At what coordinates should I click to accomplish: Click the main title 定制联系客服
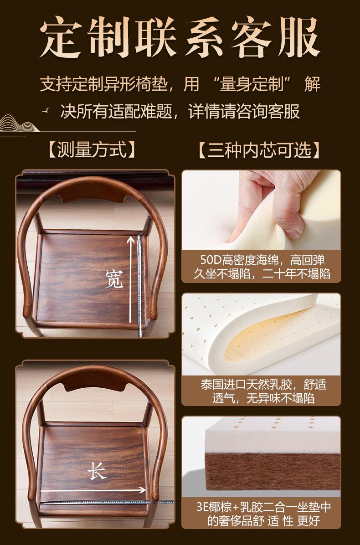coord(180,37)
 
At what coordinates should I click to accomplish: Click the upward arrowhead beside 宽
coord(131,239)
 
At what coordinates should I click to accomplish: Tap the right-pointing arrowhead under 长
coord(142,490)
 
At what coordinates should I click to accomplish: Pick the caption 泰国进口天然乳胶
coord(263,391)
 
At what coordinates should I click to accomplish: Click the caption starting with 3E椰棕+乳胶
coord(263,514)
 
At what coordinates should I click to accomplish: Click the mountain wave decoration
coord(18,124)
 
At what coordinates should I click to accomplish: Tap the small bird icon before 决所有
coord(45,111)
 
